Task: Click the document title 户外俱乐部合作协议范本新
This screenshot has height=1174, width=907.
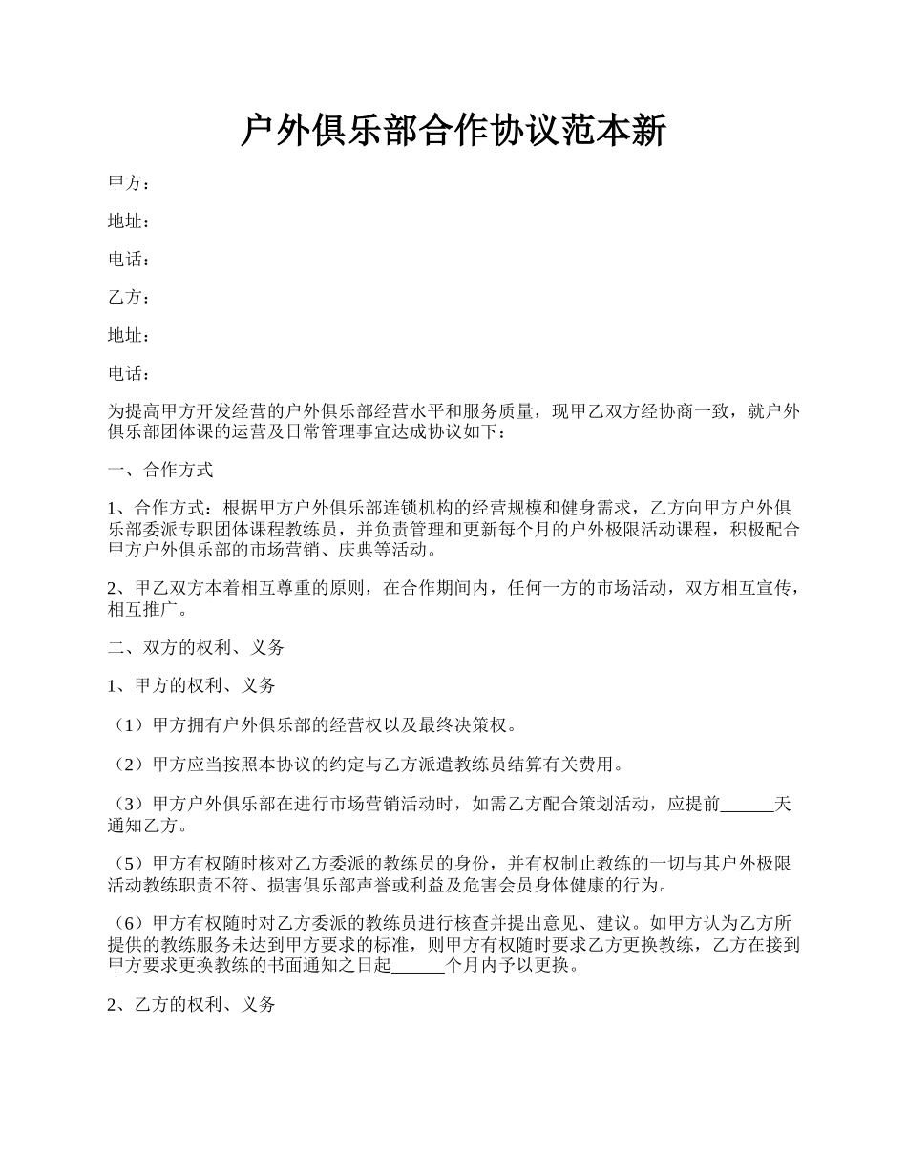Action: [x=453, y=132]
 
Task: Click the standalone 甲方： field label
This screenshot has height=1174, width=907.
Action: [x=129, y=183]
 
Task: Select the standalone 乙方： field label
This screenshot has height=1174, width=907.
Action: [x=129, y=298]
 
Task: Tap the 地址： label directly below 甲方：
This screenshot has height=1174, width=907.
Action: [x=129, y=221]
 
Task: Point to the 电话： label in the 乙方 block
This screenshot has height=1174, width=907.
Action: [x=129, y=373]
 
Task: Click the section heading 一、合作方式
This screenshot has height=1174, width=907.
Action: [x=160, y=470]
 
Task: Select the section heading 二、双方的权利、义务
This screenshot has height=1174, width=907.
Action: [x=196, y=647]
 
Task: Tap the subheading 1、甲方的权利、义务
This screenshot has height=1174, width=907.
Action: [x=192, y=685]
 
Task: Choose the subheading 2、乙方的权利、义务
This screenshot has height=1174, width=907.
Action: [x=192, y=1004]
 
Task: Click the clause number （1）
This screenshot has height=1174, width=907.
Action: [x=130, y=725]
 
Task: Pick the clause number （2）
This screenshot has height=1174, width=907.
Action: [x=130, y=765]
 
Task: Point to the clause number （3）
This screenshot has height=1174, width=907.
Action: [x=130, y=804]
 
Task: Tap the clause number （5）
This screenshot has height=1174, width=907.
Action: [x=130, y=864]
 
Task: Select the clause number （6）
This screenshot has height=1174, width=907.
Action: [x=130, y=924]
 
